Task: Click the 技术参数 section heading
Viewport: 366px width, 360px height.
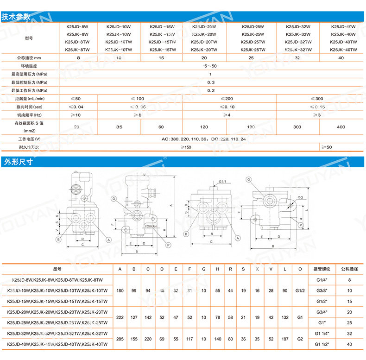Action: [x=16, y=17]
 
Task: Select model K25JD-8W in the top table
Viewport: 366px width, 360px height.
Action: [x=77, y=27]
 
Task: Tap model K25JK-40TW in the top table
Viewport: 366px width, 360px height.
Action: [x=343, y=49]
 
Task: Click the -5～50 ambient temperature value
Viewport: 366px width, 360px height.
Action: [x=210, y=66]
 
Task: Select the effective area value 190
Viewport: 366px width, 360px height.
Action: [x=252, y=126]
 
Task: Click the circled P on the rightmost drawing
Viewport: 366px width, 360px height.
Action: [x=301, y=225]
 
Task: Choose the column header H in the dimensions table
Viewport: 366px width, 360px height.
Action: [x=217, y=269]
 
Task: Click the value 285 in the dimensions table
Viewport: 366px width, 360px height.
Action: [x=120, y=339]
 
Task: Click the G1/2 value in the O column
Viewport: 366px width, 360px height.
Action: [x=300, y=291]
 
